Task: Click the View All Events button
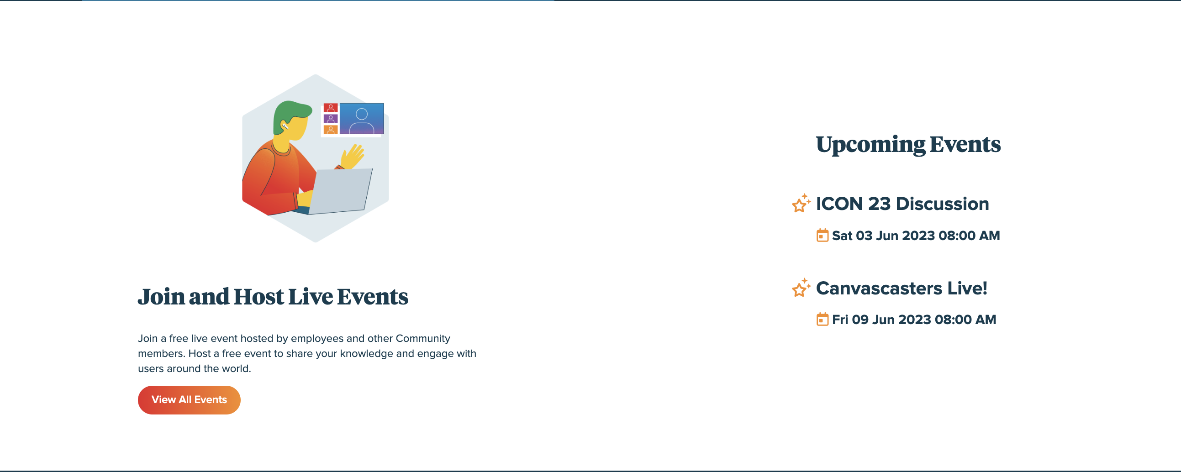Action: click(189, 399)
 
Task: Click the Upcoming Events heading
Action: click(908, 145)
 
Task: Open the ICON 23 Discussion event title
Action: click(902, 204)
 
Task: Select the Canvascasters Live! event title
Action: click(902, 288)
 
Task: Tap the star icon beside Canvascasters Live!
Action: click(801, 288)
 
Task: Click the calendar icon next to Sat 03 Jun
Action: click(822, 235)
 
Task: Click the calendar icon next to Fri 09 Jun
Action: click(822, 319)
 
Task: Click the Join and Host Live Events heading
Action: click(273, 297)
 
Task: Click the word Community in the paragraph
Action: click(423, 339)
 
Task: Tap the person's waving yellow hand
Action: click(353, 156)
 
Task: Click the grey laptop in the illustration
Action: click(340, 191)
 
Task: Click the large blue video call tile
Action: click(362, 119)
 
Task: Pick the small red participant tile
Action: click(331, 108)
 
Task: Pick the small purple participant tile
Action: click(331, 119)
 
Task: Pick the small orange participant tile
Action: click(331, 130)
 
